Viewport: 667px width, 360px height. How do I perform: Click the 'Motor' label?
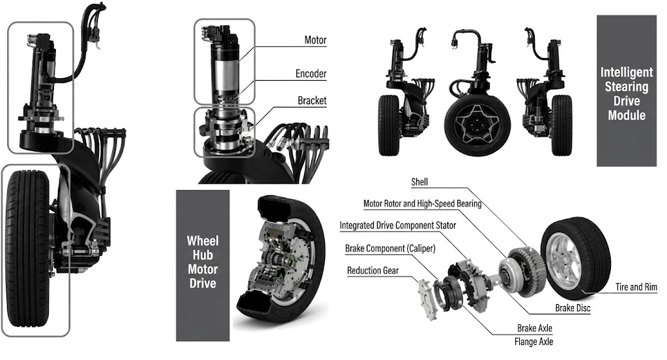tap(315, 40)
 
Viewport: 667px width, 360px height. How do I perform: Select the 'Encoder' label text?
tap(311, 74)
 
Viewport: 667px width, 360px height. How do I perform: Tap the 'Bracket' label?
tap(312, 101)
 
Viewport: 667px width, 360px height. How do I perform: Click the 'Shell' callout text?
tap(419, 182)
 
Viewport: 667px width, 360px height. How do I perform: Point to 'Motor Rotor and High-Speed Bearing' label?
tap(422, 204)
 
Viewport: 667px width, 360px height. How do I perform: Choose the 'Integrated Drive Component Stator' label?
tap(398, 225)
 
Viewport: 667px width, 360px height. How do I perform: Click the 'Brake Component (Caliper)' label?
tap(390, 248)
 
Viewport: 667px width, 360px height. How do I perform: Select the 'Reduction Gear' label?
tap(373, 270)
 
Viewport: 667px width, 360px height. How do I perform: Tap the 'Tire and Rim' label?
tap(636, 287)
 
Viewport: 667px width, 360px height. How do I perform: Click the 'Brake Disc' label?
tap(573, 308)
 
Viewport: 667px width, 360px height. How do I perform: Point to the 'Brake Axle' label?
tap(535, 328)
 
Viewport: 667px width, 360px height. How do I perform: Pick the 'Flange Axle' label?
tap(533, 341)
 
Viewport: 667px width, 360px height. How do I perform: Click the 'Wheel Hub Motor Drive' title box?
tap(203, 265)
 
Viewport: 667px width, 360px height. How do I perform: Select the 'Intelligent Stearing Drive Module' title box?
tap(627, 91)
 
